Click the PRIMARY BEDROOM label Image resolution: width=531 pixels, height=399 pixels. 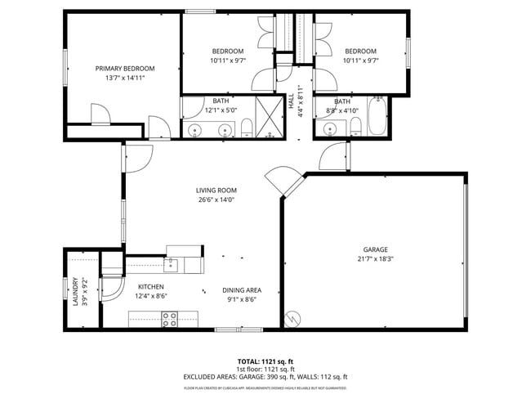coord(124,69)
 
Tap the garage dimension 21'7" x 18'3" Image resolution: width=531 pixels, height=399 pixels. coord(375,259)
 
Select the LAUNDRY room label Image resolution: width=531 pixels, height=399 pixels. coord(74,291)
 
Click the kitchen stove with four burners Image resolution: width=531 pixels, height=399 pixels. coord(170,321)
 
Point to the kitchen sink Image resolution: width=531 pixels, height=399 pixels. coord(171,264)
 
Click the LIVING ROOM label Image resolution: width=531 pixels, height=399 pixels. coord(216,191)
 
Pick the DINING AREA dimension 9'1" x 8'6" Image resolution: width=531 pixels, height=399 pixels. coord(241,298)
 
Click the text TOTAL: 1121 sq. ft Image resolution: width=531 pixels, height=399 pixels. coord(265,361)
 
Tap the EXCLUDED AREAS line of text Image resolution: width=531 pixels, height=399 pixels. coord(265,377)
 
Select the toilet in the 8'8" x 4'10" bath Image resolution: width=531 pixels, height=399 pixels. coord(355,126)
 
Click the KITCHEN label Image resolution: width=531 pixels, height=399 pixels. coord(150,287)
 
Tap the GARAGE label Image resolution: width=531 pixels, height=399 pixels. coord(375,249)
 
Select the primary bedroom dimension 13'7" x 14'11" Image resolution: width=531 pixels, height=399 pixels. coord(124,78)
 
